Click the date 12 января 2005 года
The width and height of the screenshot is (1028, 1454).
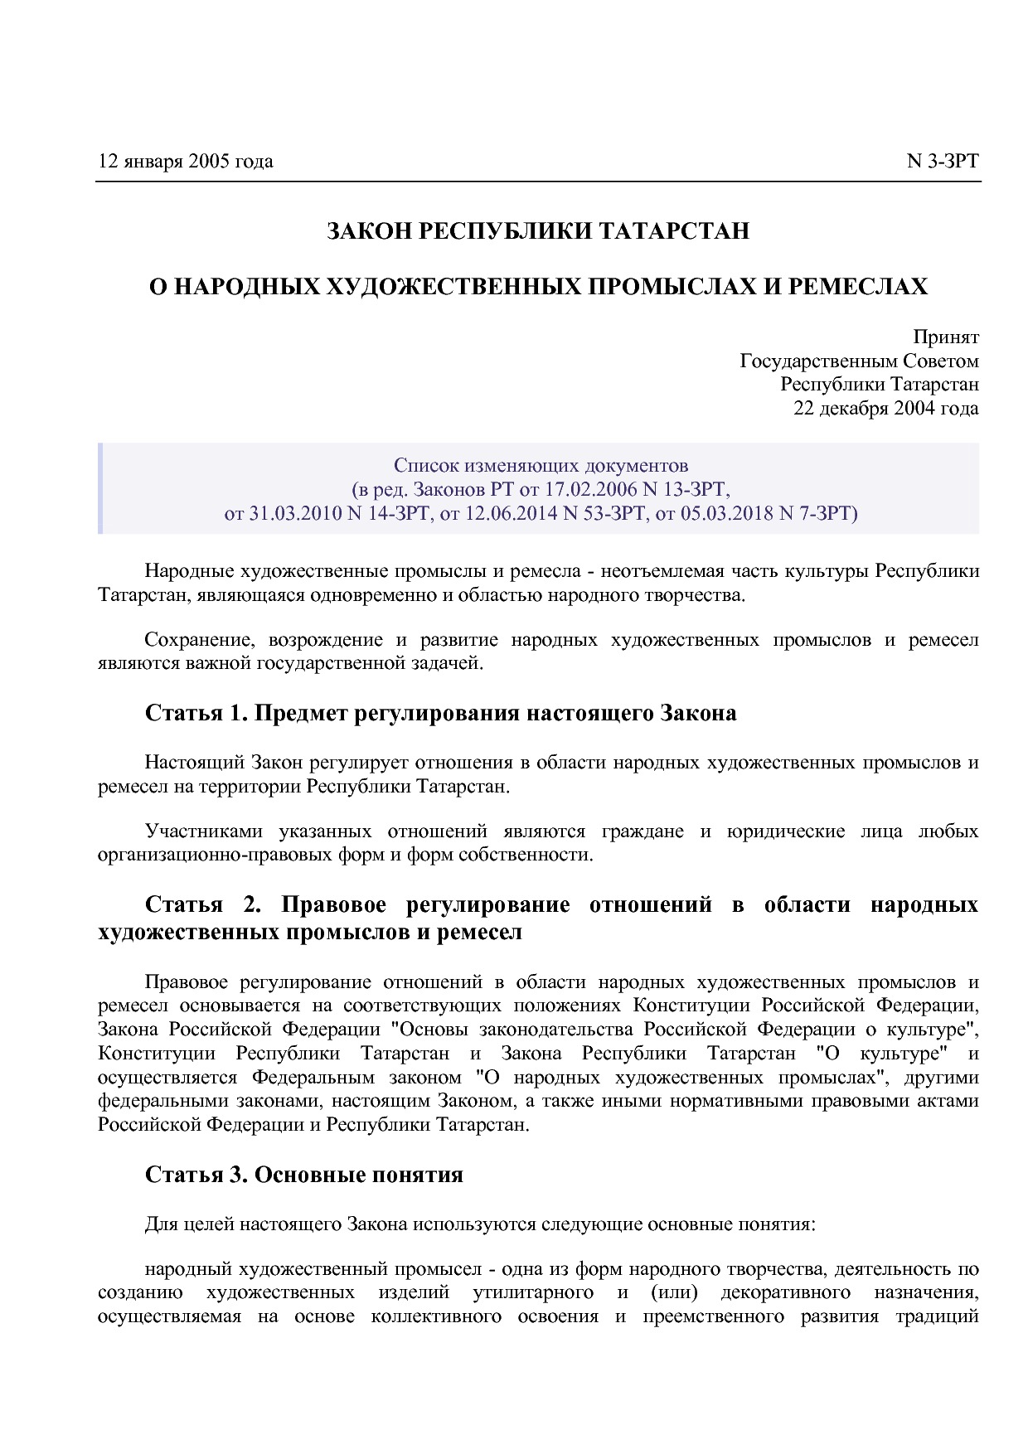[x=185, y=161]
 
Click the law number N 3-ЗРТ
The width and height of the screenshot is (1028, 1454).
[x=942, y=161]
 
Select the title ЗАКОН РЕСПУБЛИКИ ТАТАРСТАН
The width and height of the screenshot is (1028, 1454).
[x=538, y=230]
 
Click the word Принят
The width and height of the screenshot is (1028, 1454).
[x=945, y=337]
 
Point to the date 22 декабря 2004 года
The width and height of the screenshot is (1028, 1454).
[x=885, y=408]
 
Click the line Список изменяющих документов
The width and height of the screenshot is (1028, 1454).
[x=541, y=465]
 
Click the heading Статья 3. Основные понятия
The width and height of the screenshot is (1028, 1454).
[x=303, y=1175]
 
